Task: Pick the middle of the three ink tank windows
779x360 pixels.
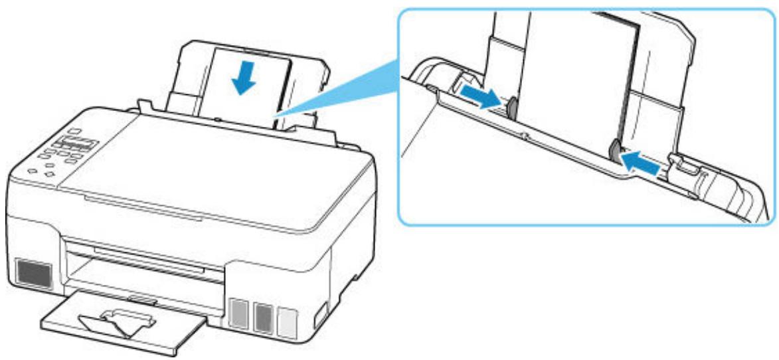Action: (264, 314)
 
